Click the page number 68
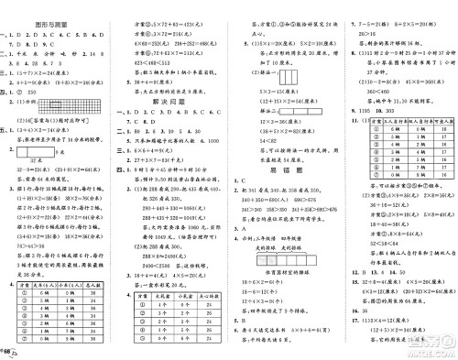pos(12,350)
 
